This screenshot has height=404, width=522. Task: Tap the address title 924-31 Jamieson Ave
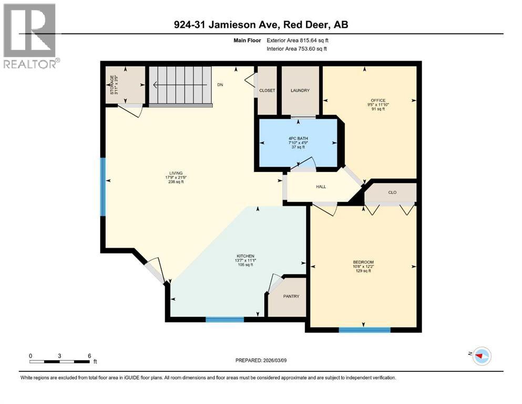[261, 24]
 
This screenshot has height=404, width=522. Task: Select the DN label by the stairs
[221, 85]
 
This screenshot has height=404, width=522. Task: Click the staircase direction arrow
[179, 85]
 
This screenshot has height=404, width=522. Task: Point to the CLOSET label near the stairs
[267, 90]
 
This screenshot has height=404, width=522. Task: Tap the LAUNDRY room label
[300, 90]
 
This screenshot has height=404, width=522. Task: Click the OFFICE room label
[377, 100]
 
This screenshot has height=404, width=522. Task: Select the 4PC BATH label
[298, 138]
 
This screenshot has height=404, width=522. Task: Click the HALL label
[321, 186]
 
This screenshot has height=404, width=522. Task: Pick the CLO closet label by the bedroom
[392, 193]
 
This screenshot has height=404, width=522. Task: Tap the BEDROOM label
[363, 262]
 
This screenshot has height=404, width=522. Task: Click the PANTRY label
[291, 296]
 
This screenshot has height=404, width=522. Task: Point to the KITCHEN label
[244, 256]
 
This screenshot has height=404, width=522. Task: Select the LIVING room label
[175, 173]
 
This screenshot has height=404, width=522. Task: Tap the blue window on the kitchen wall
[224, 319]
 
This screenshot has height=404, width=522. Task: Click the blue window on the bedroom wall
[364, 330]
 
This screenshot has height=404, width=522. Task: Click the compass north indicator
[481, 356]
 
